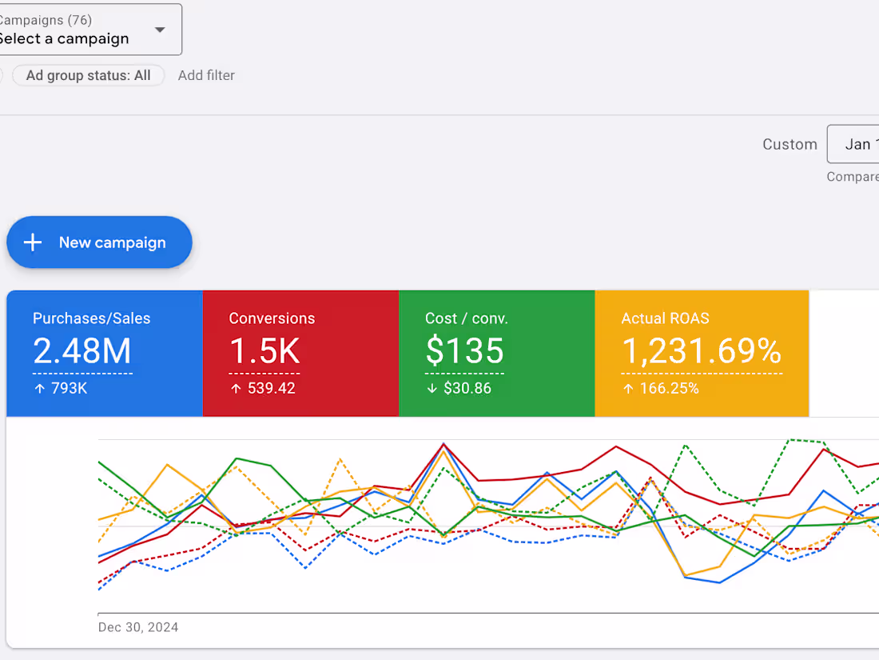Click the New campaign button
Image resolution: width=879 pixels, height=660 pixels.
click(x=99, y=242)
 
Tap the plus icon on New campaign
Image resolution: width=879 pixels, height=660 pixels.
click(x=33, y=242)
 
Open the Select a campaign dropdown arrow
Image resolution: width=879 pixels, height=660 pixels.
click(x=160, y=30)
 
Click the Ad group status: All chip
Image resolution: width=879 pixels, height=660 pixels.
click(x=88, y=75)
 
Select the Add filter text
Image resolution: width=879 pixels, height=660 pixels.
click(x=206, y=75)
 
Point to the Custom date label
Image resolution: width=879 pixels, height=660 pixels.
click(x=790, y=144)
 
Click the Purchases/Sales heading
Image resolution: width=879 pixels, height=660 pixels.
click(x=91, y=318)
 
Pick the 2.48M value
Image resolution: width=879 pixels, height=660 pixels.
click(x=82, y=352)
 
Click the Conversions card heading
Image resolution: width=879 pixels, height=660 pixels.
click(x=272, y=318)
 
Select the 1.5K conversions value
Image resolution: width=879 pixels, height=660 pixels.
click(x=264, y=352)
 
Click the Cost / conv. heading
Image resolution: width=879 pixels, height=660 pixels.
click(x=467, y=318)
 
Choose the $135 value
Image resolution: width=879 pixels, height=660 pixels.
click(x=464, y=352)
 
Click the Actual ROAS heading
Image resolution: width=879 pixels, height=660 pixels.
click(x=665, y=318)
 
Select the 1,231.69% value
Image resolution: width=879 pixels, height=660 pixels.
click(x=701, y=352)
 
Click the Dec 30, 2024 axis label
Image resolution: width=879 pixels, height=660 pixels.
click(x=138, y=627)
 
